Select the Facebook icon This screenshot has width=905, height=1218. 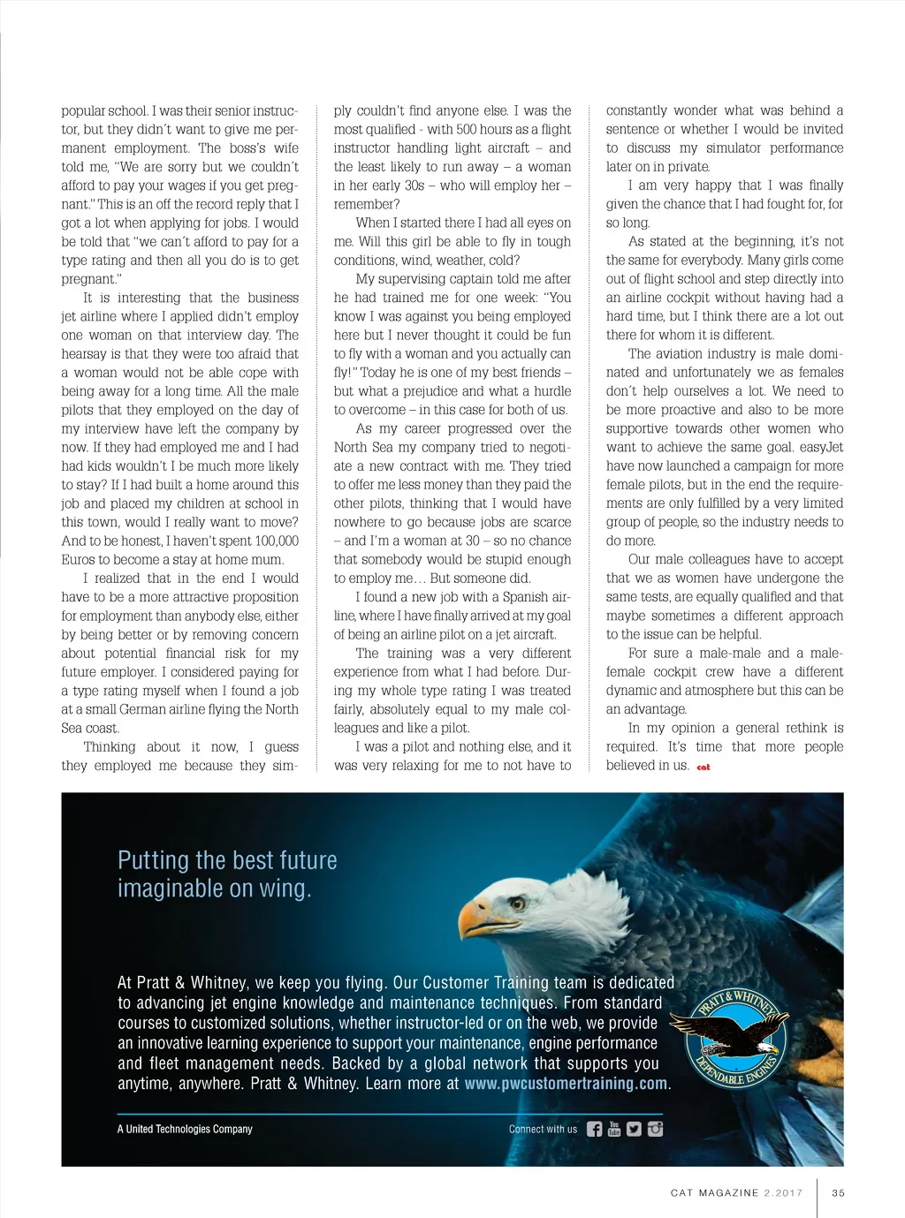pos(594,1129)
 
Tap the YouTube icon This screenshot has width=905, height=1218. pos(614,1129)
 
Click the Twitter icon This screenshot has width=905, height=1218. pos(634,1129)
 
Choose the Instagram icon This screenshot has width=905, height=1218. pos(655,1129)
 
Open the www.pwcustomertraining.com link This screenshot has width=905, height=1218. pos(566,1084)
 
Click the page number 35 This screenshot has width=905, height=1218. pos(838,1192)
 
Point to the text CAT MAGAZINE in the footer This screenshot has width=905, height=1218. pos(714,1192)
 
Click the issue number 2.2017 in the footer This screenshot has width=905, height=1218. pos(783,1192)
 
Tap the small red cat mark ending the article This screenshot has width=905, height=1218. pos(703,767)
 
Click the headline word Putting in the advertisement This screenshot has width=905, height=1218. pos(152,860)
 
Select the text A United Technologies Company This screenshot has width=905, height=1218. pos(185,1129)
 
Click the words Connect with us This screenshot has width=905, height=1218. pos(543,1129)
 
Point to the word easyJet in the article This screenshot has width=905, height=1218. pos(823,447)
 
